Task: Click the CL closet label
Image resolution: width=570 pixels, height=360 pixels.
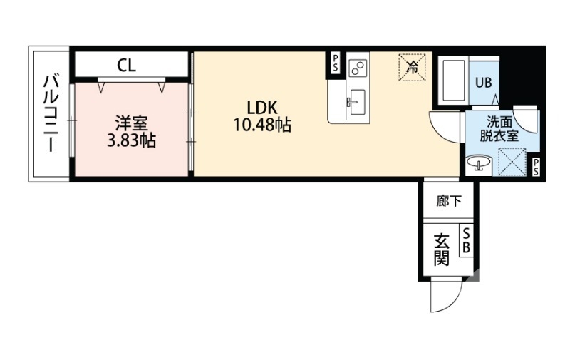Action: pyautogui.click(x=127, y=65)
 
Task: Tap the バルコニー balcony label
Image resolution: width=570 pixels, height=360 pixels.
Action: pyautogui.click(x=50, y=113)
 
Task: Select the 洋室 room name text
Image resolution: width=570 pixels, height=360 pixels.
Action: pyautogui.click(x=132, y=123)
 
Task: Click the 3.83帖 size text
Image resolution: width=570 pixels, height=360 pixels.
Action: pyautogui.click(x=132, y=140)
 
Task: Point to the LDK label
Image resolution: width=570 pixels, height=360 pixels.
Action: pyautogui.click(x=262, y=108)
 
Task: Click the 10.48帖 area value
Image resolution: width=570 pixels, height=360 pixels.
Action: pyautogui.click(x=262, y=125)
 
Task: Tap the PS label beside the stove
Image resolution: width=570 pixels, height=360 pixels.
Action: pyautogui.click(x=335, y=63)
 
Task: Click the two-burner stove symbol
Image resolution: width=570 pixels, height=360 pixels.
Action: pyautogui.click(x=357, y=68)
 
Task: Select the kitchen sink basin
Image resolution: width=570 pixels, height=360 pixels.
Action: pyautogui.click(x=357, y=102)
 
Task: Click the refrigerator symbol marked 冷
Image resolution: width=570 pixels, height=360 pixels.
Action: pyautogui.click(x=413, y=67)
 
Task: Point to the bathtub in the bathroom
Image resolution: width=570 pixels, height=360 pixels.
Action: pyautogui.click(x=454, y=81)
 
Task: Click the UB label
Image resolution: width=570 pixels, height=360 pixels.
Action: pyautogui.click(x=484, y=83)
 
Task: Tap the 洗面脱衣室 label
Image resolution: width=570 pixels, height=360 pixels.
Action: pyautogui.click(x=499, y=129)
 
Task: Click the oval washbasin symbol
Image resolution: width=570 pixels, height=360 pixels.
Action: pyautogui.click(x=479, y=163)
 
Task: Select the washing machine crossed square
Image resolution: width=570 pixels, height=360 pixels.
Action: pyautogui.click(x=512, y=162)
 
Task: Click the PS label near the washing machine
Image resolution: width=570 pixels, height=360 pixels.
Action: pyautogui.click(x=537, y=167)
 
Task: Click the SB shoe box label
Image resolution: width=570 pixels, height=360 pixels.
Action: pyautogui.click(x=467, y=240)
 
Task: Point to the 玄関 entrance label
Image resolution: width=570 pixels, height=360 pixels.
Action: pyautogui.click(x=441, y=250)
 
